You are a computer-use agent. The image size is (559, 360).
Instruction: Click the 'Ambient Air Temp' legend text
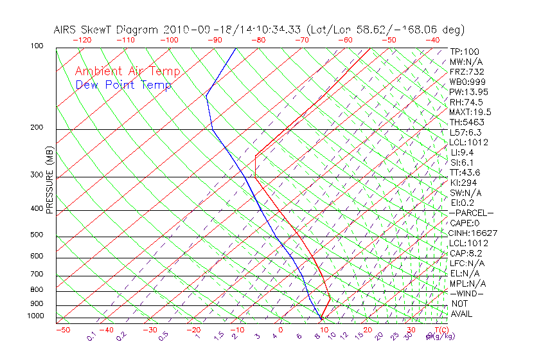pos(128,71)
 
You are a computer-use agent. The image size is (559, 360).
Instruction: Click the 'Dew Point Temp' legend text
pos(123,85)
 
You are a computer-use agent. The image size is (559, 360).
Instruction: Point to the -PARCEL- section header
pos(472,213)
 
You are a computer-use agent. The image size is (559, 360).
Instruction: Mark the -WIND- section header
pos(467,294)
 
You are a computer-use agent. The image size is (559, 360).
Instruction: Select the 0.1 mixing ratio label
pos(91,336)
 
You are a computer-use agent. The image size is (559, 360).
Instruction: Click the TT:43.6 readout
pos(466,172)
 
